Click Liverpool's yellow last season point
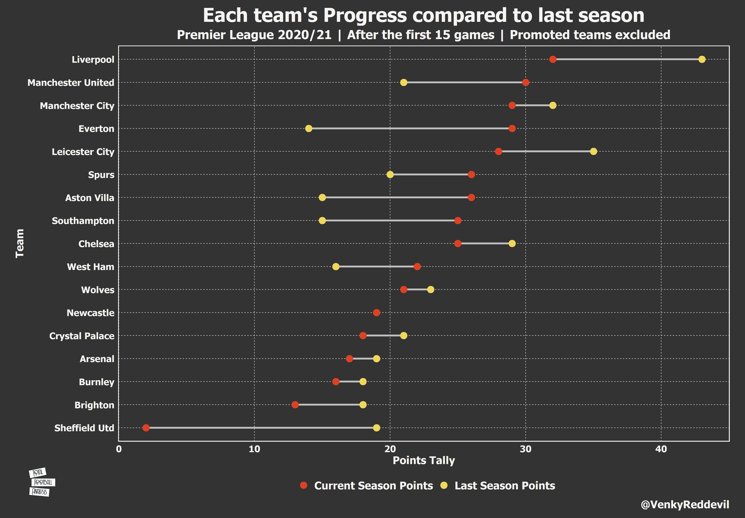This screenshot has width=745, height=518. pyautogui.click(x=702, y=59)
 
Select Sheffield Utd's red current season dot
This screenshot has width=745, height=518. pyautogui.click(x=146, y=428)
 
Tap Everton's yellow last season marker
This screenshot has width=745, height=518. pyautogui.click(x=308, y=129)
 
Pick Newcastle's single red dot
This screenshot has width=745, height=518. pyautogui.click(x=376, y=313)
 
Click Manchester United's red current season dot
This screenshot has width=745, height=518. pyautogui.click(x=526, y=82)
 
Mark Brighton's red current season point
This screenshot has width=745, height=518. pyautogui.click(x=295, y=405)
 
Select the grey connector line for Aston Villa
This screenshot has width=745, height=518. pyautogui.click(x=397, y=197)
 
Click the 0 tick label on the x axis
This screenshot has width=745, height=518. pyautogui.click(x=119, y=449)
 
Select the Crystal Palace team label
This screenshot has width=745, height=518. pyautogui.click(x=82, y=336)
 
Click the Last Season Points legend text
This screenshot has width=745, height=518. pyautogui.click(x=505, y=486)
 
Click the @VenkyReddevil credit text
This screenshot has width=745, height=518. pyautogui.click(x=685, y=504)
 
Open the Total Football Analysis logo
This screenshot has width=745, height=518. pyautogui.click(x=41, y=482)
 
